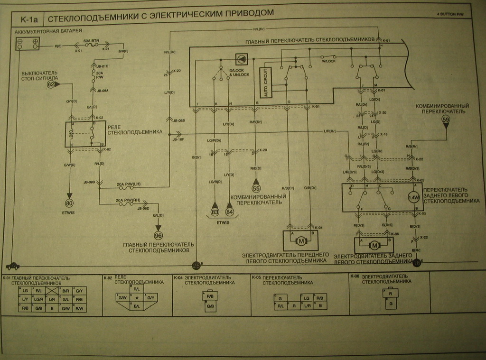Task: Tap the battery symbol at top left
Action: [x=28, y=44]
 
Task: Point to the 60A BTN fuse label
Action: [x=90, y=41]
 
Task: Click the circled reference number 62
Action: [x=51, y=84]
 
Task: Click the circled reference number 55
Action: [x=256, y=187]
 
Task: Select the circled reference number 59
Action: [x=446, y=120]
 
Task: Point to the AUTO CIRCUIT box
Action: [x=264, y=83]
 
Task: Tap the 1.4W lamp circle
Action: [x=414, y=197]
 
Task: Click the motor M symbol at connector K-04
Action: [x=300, y=241]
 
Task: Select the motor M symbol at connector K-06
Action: [x=374, y=246]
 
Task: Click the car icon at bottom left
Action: [x=13, y=266]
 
